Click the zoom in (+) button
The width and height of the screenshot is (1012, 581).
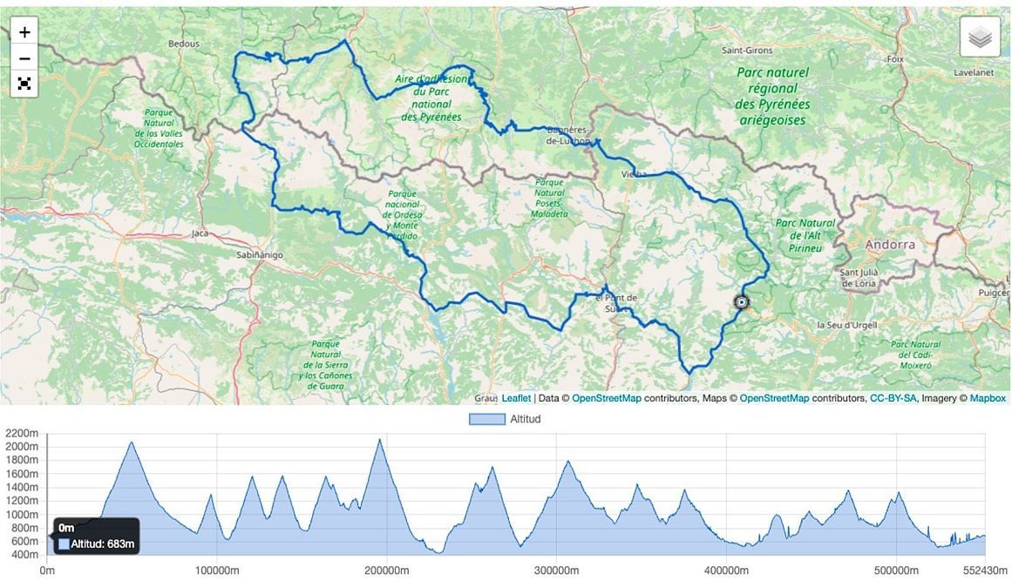24,32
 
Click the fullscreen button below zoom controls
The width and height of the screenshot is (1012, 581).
24,84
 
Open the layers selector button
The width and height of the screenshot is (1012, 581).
980,37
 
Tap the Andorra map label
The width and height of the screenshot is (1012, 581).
890,245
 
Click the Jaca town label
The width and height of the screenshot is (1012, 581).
200,233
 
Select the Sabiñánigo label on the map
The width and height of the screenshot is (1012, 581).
260,255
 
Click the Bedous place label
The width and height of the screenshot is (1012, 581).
183,44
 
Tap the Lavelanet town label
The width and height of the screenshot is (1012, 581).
974,72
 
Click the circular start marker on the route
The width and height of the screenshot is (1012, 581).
741,302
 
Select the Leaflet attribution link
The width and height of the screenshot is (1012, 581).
516,398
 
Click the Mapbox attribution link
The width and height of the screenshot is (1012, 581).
988,398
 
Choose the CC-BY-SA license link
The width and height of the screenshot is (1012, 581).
893,398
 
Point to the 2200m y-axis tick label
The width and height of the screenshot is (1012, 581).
22,433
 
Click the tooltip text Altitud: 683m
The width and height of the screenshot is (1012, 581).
102,544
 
